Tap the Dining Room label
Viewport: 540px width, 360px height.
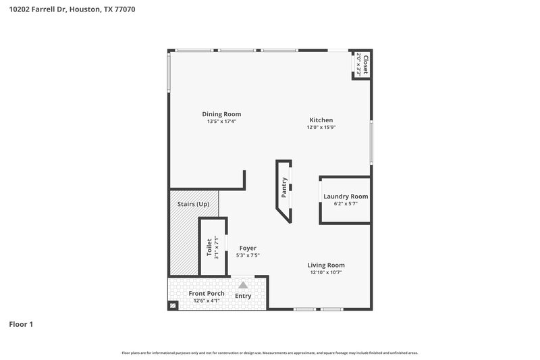point(221,114)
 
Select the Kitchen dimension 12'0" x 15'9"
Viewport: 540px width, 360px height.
point(321,127)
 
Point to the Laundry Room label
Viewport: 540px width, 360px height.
point(346,197)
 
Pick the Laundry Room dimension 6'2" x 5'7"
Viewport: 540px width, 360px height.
point(346,203)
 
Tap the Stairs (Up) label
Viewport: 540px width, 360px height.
point(193,204)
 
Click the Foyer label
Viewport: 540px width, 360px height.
point(248,248)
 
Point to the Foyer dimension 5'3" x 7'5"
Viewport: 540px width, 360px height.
point(248,255)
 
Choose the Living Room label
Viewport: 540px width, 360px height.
point(326,265)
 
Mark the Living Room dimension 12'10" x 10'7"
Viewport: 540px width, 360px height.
point(327,273)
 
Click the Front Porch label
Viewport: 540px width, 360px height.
point(207,293)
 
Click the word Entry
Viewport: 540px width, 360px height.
point(243,297)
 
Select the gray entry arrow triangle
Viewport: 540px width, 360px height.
point(243,285)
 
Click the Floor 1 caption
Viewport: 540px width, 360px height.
point(21,325)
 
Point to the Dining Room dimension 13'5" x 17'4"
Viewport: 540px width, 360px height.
point(221,122)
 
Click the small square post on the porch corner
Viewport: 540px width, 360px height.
point(173,306)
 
